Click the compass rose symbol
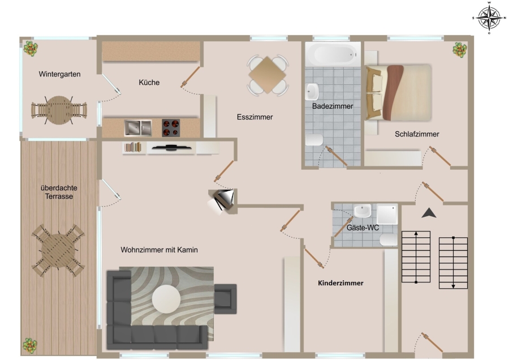489,18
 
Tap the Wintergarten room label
59,74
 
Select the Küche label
149,83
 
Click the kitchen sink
138,128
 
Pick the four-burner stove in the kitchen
171,128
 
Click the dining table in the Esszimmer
268,75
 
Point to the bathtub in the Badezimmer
333,54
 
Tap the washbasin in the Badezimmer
312,91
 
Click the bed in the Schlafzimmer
399,93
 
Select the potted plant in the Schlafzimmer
460,50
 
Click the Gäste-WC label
363,228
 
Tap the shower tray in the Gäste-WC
387,214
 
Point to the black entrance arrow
429,213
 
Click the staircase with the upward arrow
416,256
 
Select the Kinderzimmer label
340,283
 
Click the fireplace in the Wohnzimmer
221,200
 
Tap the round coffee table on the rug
166,299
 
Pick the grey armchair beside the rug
225,299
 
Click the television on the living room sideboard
171,148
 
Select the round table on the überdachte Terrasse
58,250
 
